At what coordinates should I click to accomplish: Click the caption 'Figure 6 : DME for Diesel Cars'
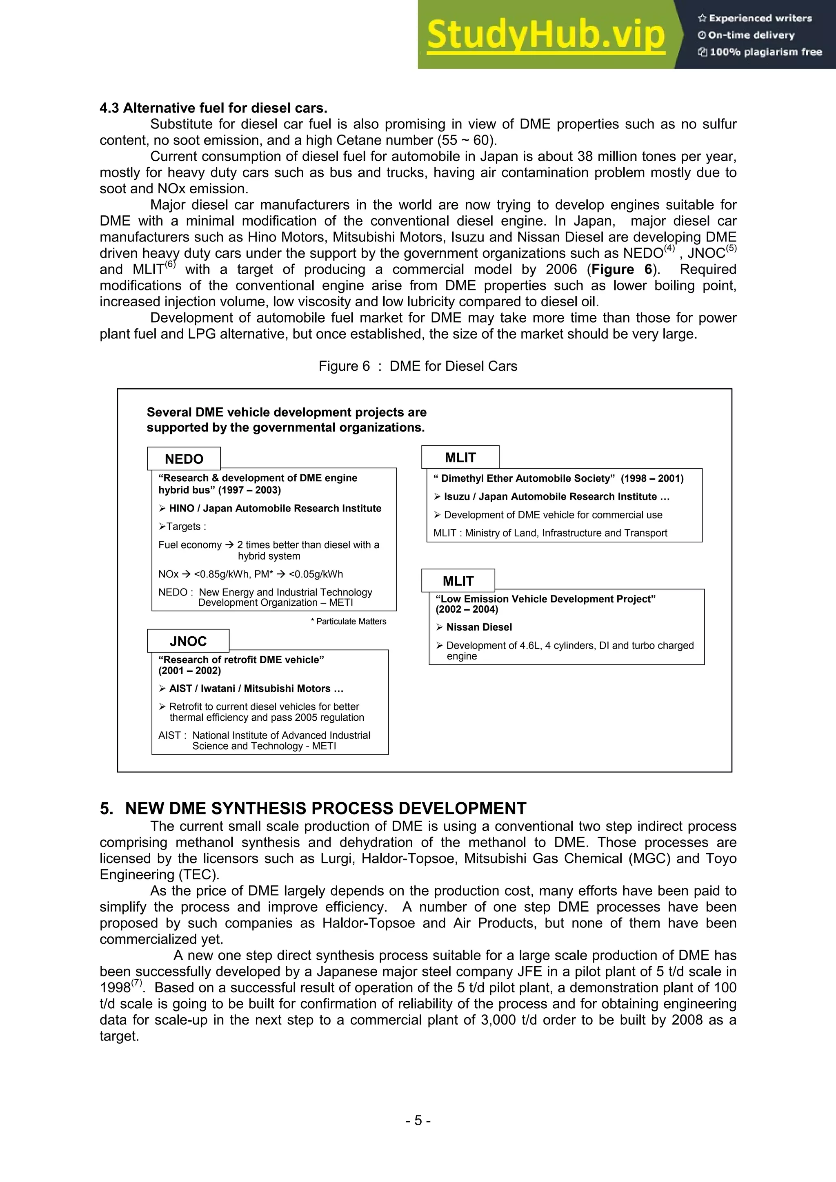tap(418, 366)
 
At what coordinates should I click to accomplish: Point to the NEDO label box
tap(184, 459)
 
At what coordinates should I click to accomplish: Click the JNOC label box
tap(188, 641)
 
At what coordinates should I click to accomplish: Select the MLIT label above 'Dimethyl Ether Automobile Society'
tap(460, 457)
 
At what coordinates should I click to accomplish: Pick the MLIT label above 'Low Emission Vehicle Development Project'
tap(458, 581)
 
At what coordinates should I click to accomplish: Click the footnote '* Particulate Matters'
tap(348, 621)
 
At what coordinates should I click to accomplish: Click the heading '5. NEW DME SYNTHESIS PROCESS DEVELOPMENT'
tap(313, 808)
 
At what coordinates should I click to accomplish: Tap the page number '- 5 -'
tap(418, 1120)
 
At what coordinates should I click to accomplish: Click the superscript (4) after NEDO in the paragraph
tap(669, 249)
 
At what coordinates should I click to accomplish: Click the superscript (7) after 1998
tap(136, 982)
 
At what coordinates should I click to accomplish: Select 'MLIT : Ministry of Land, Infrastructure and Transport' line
tap(550, 533)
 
